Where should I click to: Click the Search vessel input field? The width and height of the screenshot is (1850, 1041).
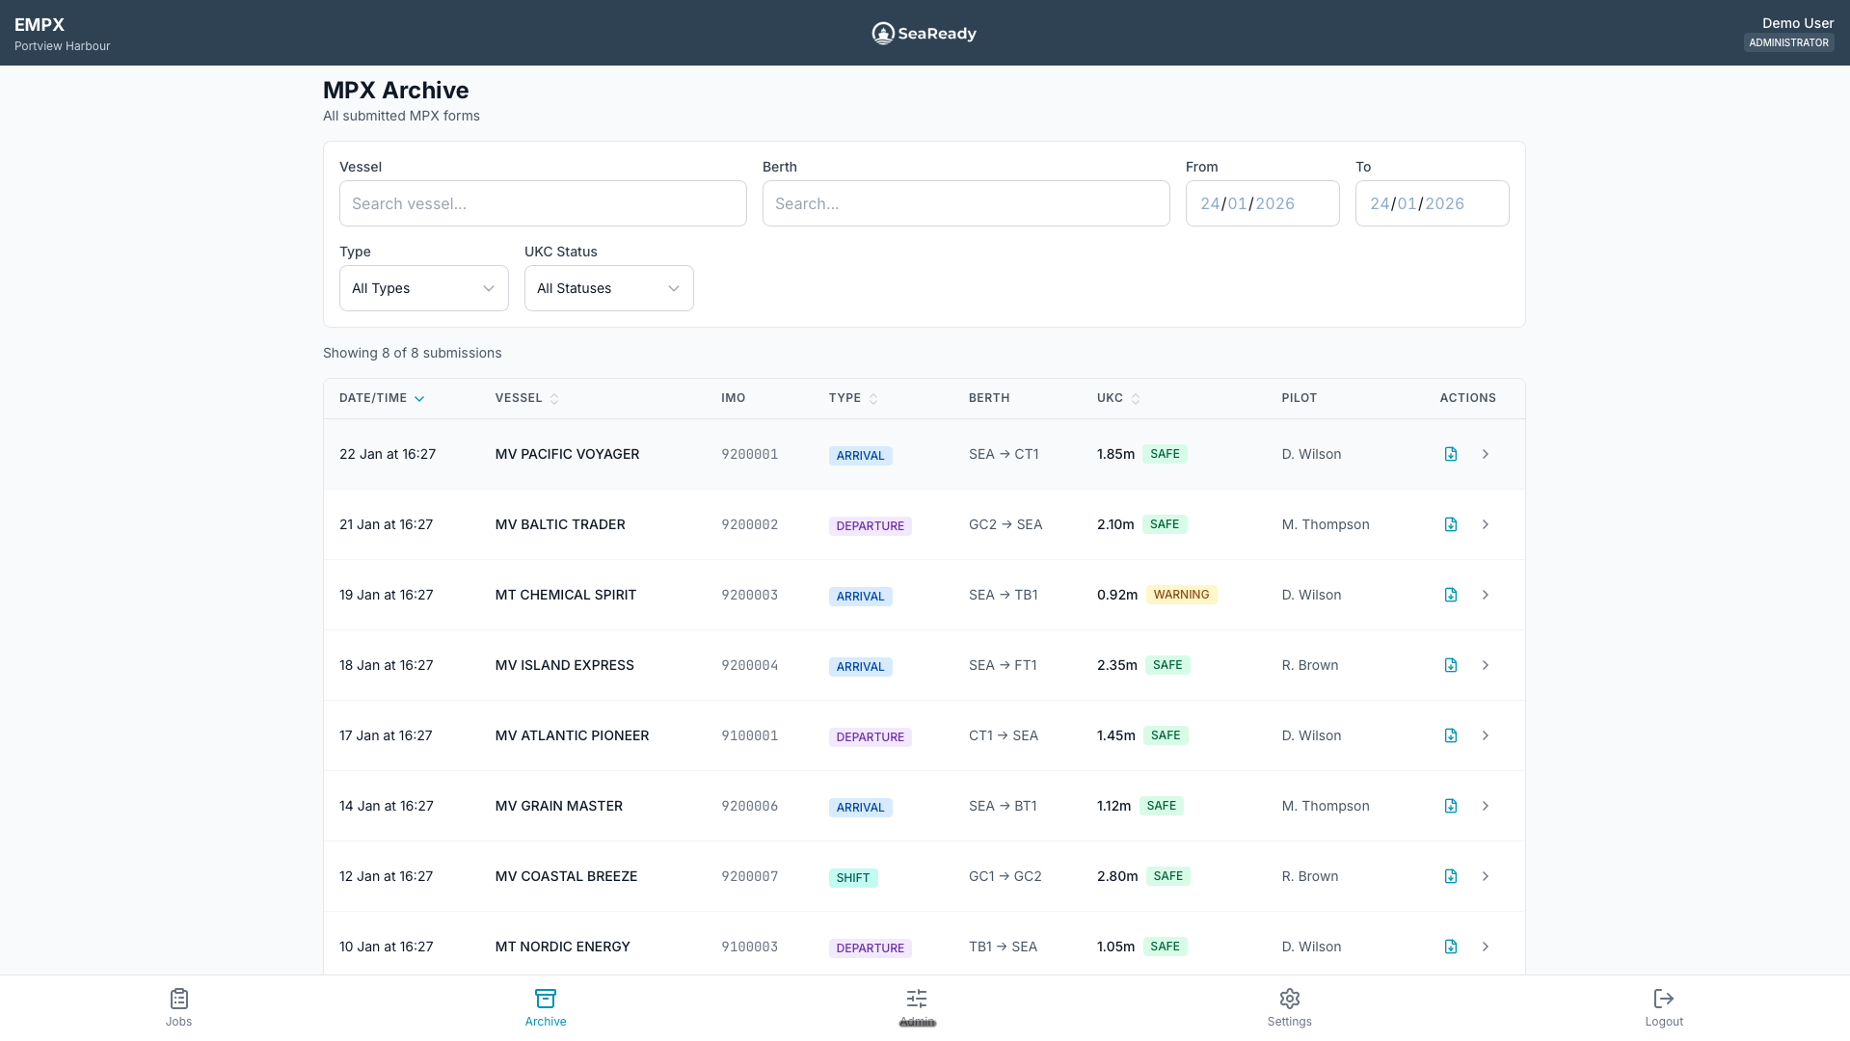pos(543,203)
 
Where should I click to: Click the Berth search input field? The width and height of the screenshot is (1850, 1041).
pos(966,203)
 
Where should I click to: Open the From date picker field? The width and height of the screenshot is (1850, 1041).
pos(1262,203)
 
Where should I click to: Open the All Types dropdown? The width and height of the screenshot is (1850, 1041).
pos(423,288)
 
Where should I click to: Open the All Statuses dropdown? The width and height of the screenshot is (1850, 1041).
pos(608,288)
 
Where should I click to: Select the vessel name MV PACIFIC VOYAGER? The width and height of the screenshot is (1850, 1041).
pos(567,454)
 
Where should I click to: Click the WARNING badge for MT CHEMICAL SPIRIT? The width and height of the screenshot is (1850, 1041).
pos(1181,595)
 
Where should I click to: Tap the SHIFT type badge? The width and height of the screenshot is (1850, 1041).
pos(853,878)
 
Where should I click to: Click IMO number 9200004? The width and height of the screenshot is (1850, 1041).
pos(749,665)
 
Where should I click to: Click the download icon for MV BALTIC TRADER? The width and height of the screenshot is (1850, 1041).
pos(1450,524)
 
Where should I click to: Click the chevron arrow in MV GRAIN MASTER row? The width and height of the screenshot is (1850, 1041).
pos(1486,806)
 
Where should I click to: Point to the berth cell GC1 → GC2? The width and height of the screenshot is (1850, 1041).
pos(1005,876)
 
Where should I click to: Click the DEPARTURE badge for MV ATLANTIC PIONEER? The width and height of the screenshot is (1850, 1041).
pos(870,737)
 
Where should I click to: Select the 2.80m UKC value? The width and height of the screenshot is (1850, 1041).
pos(1117,876)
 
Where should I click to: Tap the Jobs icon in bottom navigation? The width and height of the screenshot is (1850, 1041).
pos(178,999)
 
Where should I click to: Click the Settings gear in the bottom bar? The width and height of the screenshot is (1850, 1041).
pos(1289,999)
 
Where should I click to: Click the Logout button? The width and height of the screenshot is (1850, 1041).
pos(1663,1007)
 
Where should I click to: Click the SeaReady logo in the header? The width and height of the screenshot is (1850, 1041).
pos(924,34)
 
